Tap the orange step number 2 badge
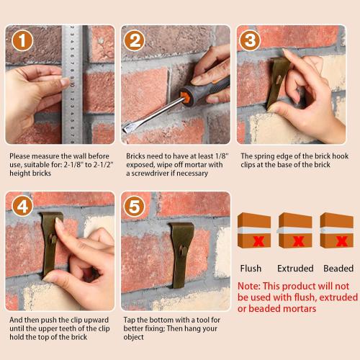point(135,41)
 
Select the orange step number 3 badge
point(250,41)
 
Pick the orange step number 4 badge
point(22,207)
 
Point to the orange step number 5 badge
point(135,207)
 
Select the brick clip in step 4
point(52,241)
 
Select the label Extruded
point(295,269)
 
